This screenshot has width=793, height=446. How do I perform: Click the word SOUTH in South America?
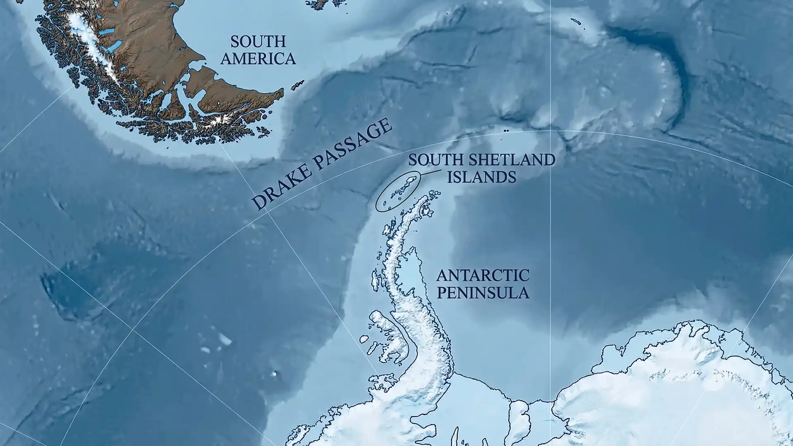[x=258, y=42]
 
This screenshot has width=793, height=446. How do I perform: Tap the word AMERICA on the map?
[x=258, y=59]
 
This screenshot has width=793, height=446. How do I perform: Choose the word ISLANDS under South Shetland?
[x=482, y=177]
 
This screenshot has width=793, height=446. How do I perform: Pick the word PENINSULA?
[x=483, y=293]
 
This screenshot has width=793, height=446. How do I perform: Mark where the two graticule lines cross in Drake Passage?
[x=266, y=211]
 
